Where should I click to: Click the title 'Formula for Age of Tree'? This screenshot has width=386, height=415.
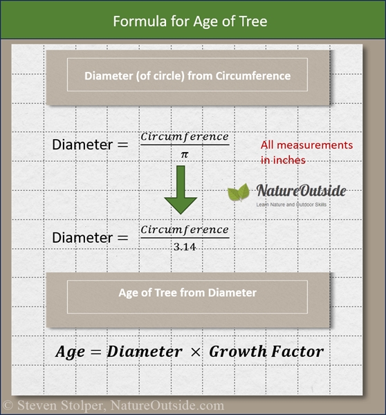click(190, 21)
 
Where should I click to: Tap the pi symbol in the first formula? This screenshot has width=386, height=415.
click(184, 155)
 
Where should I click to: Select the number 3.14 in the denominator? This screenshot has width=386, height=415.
click(183, 247)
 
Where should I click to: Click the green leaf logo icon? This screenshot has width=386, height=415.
click(239, 193)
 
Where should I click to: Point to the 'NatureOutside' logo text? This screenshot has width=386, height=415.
click(301, 191)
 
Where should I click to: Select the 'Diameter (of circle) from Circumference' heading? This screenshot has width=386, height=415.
click(188, 76)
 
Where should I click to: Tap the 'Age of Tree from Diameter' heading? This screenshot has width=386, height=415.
click(187, 293)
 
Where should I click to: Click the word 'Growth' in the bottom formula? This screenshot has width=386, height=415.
click(238, 351)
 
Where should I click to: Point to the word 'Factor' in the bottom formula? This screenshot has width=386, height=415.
click(297, 351)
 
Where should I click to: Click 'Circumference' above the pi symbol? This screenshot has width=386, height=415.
click(184, 136)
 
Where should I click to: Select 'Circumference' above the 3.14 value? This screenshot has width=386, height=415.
click(184, 229)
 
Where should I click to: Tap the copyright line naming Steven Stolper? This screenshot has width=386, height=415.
click(114, 406)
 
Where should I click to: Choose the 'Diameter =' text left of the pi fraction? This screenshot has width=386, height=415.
click(90, 145)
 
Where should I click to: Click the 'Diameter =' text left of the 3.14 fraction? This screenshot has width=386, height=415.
click(90, 238)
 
